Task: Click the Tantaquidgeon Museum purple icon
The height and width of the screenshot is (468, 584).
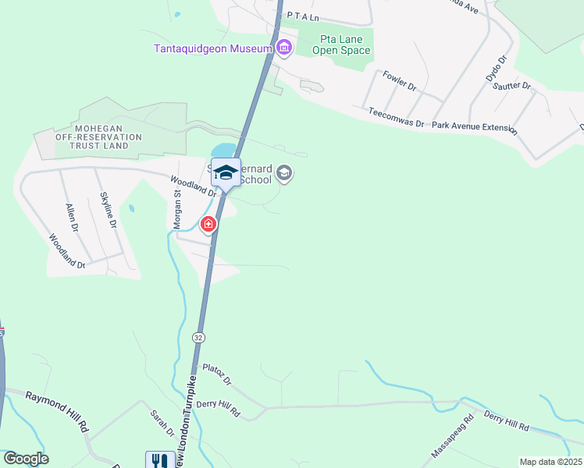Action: pyautogui.click(x=284, y=48)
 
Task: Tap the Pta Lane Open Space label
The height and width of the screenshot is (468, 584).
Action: pyautogui.click(x=341, y=45)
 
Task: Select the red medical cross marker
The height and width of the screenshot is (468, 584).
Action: pyautogui.click(x=208, y=225)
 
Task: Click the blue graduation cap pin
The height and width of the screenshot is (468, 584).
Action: pyautogui.click(x=226, y=172)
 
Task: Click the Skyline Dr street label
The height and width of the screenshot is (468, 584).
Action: pyautogui.click(x=108, y=210)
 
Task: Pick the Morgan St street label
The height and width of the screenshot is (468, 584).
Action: pyautogui.click(x=177, y=210)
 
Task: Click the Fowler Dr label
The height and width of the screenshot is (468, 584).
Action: pyautogui.click(x=398, y=81)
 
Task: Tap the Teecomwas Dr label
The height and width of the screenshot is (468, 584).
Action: pyautogui.click(x=397, y=119)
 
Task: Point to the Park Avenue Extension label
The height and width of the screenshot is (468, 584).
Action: pyautogui.click(x=474, y=126)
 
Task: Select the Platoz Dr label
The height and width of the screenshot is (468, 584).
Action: pyautogui.click(x=217, y=374)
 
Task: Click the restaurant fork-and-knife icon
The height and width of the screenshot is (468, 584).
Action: pyautogui.click(x=158, y=461)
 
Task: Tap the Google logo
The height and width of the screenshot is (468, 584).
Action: pyautogui.click(x=26, y=459)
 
